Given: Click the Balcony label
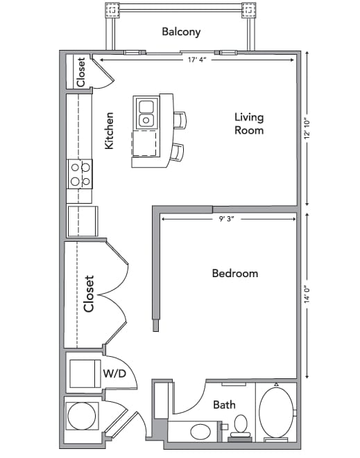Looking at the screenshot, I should pos(181,31).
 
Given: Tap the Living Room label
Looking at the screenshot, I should pos(248,123).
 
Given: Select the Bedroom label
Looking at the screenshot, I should pos(234,273).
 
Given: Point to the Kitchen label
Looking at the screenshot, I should pos(110,131).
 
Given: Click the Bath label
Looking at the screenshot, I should pos(223,405).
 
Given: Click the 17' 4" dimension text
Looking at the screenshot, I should pos(196,60).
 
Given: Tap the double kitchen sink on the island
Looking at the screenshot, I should pos(146,113).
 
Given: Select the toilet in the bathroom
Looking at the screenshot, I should pos(241,424).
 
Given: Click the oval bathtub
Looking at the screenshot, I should pos(275,413).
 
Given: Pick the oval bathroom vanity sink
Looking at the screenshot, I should pos(200,430).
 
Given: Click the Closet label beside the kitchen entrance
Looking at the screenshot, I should pos(80,71).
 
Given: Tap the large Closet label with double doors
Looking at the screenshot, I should pos(88,294).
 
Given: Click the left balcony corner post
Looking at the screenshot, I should pos(112,10).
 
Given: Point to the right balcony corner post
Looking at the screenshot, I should pos(249,10).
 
